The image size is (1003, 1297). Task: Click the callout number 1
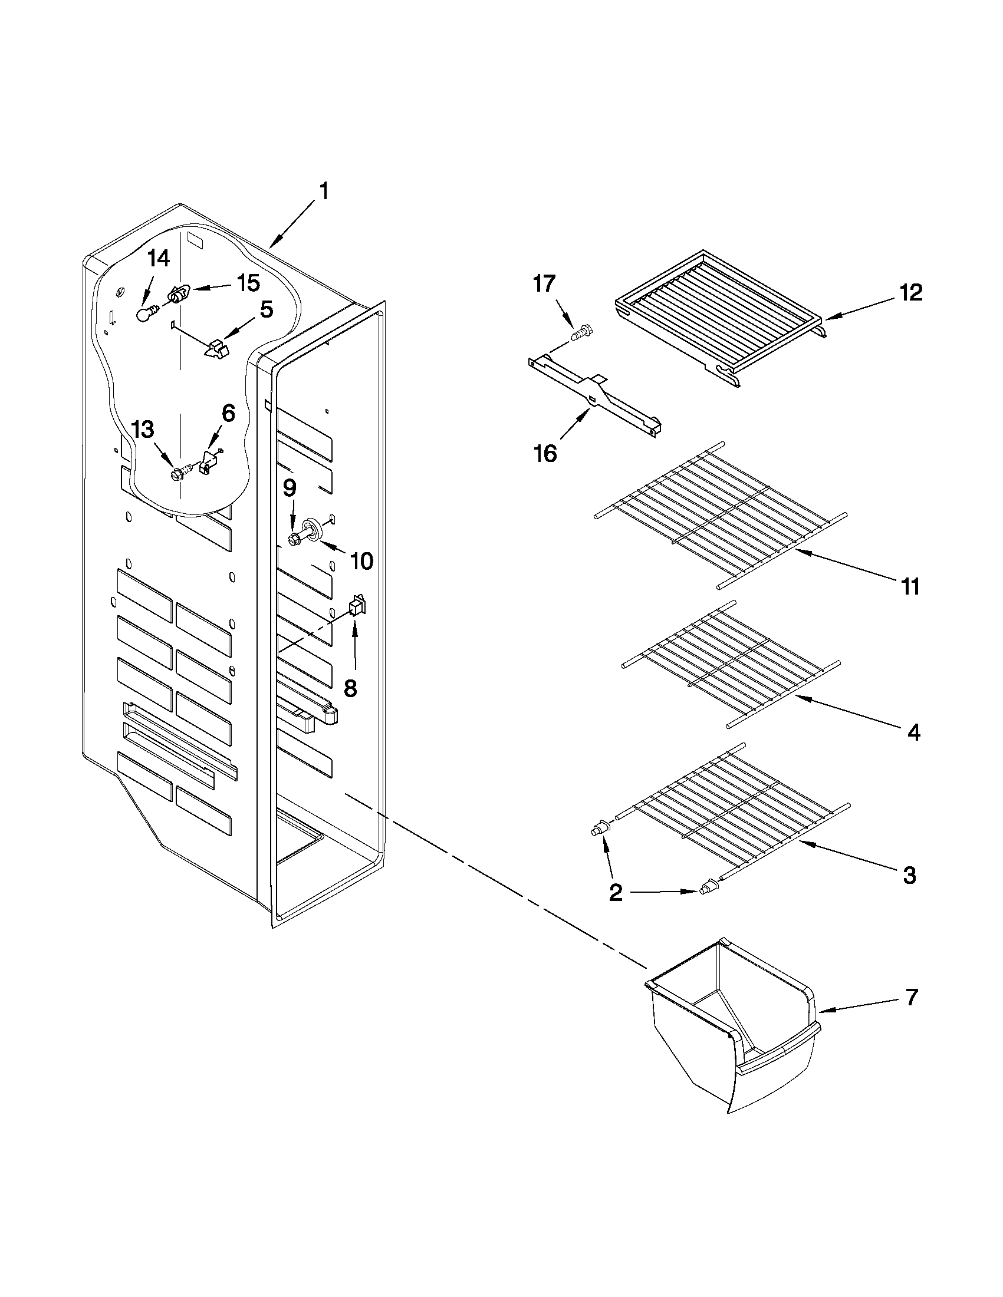tap(324, 193)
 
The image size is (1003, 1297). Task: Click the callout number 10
tap(361, 560)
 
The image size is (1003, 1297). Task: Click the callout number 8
tap(350, 688)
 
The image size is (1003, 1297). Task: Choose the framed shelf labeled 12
tap(719, 315)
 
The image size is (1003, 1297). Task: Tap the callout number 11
tap(909, 586)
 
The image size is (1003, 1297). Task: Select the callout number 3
tap(909, 875)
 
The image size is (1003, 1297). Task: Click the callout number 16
tap(545, 454)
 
